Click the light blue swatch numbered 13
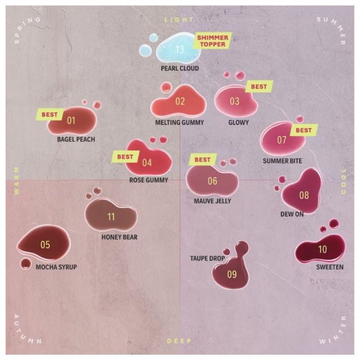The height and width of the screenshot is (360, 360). point(178,48)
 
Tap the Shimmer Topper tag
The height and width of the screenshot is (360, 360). point(213,41)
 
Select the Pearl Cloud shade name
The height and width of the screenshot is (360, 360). point(180,68)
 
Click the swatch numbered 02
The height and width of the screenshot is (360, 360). point(179,101)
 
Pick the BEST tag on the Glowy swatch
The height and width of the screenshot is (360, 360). point(259,86)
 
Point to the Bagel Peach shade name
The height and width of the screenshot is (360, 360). point(76,139)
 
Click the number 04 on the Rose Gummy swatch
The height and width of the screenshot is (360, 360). point(147,163)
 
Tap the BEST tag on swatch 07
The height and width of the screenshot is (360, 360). point(304,130)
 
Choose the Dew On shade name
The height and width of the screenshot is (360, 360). point(292,214)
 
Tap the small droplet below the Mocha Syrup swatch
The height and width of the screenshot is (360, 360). point(25,264)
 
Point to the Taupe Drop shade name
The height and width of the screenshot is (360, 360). point(207,259)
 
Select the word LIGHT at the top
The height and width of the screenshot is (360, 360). point(179,20)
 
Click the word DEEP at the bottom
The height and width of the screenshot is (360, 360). point(179,341)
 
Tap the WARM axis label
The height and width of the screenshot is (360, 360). point(16,181)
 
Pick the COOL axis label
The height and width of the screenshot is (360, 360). point(344,181)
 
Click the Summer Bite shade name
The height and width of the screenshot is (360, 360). point(282,161)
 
